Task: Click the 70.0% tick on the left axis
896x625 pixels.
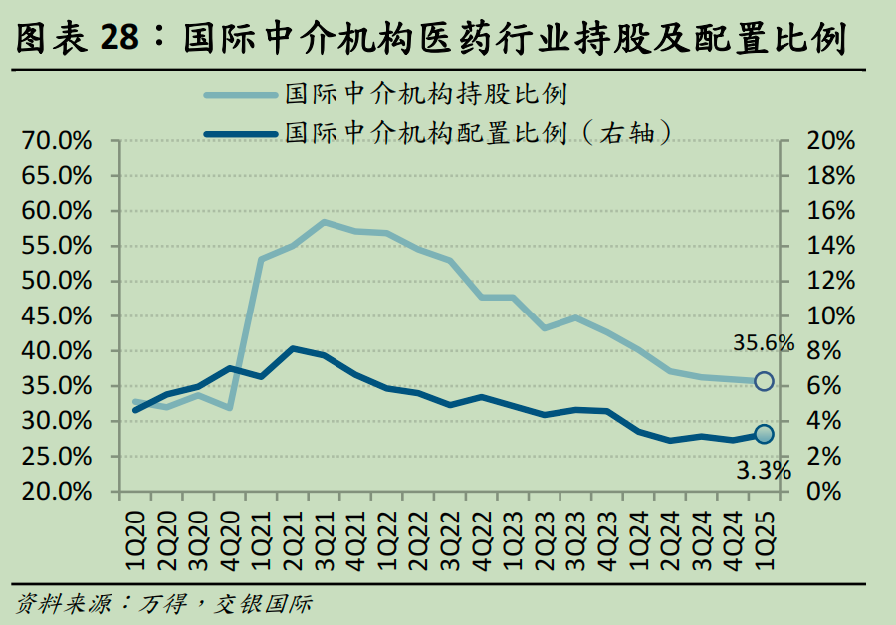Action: pos(57,141)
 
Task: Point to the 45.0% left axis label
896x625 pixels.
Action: pos(57,316)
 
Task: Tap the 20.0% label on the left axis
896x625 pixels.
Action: pos(57,492)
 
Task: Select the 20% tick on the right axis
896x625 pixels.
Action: pos(831,141)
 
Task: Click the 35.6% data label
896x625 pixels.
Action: pos(764,344)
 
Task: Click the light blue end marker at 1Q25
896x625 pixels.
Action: pos(764,381)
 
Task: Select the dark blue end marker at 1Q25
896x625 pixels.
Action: pos(764,434)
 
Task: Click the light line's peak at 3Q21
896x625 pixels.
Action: pos(324,221)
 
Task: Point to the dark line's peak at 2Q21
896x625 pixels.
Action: pos(292,348)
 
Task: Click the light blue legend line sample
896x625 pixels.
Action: pos(240,96)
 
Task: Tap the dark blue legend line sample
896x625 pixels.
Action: pos(240,132)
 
